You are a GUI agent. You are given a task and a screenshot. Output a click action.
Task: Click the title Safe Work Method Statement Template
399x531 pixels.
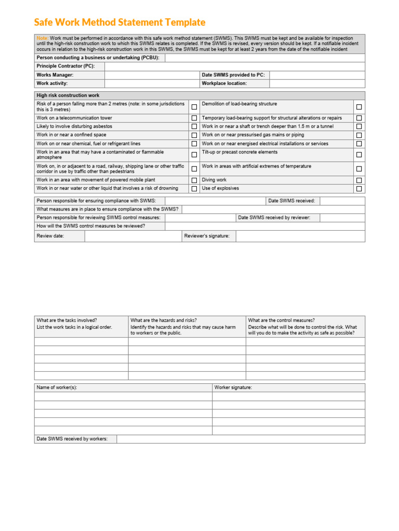(119, 22)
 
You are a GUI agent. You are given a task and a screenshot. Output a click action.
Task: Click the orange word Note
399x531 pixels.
(42, 38)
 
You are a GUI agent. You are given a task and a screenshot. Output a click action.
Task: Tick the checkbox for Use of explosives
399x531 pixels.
(359, 189)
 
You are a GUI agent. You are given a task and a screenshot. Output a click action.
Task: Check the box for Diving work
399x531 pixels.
(359, 180)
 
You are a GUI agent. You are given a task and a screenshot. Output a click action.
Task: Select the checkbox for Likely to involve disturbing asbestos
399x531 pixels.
(194, 127)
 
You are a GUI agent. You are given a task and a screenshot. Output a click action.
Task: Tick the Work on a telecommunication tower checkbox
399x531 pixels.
(194, 118)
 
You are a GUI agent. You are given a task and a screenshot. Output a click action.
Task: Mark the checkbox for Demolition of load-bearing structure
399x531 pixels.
(359, 107)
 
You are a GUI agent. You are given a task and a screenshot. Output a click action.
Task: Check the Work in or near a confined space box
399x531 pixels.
(194, 135)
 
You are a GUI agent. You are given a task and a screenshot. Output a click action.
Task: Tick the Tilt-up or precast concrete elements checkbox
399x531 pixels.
(359, 155)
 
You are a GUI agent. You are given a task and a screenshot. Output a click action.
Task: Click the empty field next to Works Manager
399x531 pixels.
(152, 75)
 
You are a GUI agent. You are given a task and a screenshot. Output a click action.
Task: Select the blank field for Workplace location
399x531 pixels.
(317, 83)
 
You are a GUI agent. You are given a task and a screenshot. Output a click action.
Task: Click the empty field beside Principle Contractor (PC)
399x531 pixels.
(234, 66)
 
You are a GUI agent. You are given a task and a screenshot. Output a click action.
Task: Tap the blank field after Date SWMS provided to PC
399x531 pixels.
(317, 75)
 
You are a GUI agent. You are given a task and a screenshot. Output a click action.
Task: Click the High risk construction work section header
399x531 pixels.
(68, 95)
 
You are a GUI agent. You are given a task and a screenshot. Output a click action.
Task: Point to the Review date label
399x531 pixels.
(50, 236)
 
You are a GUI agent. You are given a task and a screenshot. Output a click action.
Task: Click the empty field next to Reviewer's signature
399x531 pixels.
(300, 236)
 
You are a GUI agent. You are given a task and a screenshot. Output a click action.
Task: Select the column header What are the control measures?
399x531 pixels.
(282, 320)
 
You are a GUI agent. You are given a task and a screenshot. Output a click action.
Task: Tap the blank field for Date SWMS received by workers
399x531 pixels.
(241, 439)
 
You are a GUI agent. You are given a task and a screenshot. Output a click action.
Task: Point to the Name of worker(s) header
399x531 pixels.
(57, 387)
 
